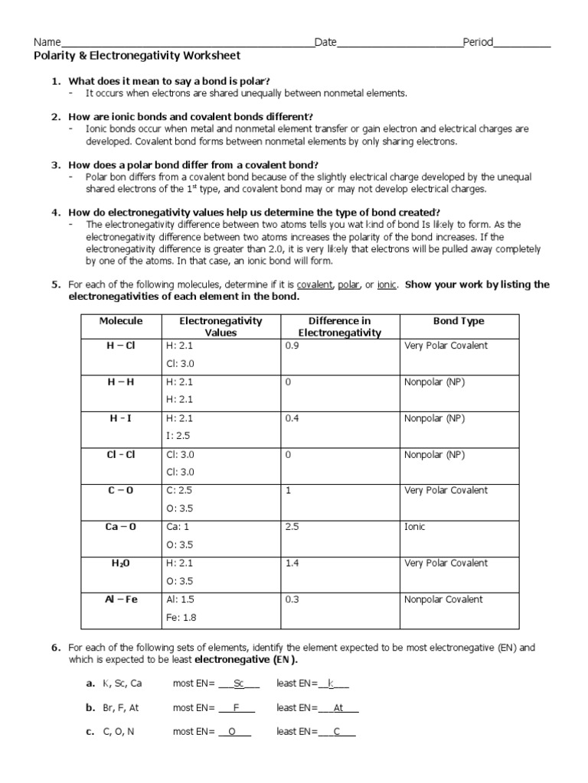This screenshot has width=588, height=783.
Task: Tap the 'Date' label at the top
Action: click(x=325, y=42)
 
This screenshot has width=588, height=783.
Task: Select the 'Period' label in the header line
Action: click(x=478, y=42)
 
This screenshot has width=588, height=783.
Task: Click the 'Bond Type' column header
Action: click(x=459, y=321)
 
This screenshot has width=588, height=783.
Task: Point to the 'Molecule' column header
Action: click(x=121, y=321)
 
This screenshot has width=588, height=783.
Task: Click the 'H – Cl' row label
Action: click(x=121, y=346)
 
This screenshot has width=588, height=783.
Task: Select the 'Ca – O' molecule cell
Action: click(x=121, y=527)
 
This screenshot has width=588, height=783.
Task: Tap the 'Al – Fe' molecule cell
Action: click(x=121, y=599)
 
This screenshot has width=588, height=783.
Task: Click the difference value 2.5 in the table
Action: click(x=292, y=527)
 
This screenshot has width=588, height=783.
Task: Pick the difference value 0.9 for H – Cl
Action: click(x=292, y=346)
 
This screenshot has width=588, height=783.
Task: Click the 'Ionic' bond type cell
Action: click(x=414, y=527)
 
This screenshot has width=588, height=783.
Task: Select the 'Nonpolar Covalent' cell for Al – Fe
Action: click(x=443, y=599)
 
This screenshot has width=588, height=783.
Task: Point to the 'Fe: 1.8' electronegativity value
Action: click(x=181, y=617)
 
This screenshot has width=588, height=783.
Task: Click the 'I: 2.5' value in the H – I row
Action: click(x=177, y=436)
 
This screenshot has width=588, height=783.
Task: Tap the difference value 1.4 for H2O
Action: click(x=292, y=563)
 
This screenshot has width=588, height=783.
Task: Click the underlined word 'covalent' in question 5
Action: click(x=315, y=284)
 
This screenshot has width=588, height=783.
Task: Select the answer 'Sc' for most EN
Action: click(x=239, y=683)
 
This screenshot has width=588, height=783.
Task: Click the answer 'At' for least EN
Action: click(x=339, y=707)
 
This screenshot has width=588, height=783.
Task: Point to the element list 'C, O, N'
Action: click(x=119, y=732)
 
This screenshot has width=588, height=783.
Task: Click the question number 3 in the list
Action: click(x=56, y=164)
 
